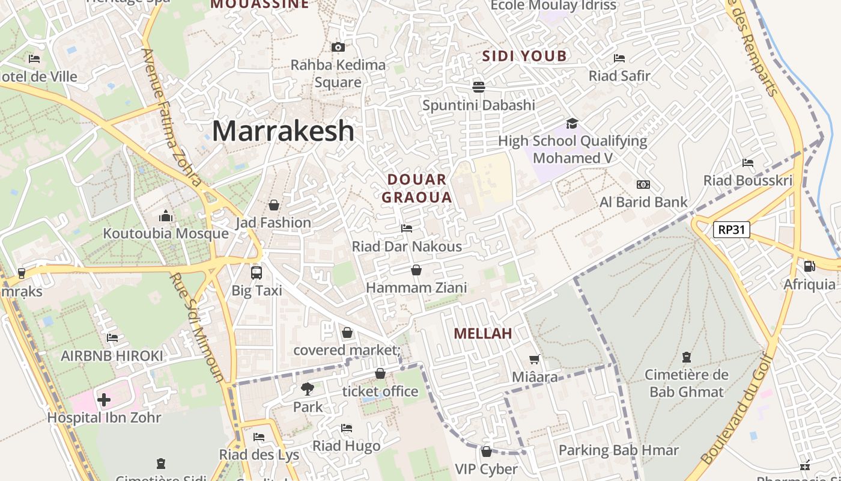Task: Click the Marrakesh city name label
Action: click(x=283, y=131)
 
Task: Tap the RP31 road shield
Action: click(x=732, y=229)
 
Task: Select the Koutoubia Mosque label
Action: click(x=166, y=233)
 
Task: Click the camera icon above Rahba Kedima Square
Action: click(x=338, y=47)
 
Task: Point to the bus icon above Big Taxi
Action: click(x=257, y=272)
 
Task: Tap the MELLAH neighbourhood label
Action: click(x=482, y=334)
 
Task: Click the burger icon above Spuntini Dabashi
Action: click(x=479, y=87)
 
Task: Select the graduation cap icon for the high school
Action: click(x=572, y=123)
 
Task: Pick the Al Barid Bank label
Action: click(x=643, y=202)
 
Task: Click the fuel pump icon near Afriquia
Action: click(x=809, y=266)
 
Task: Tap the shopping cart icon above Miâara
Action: click(x=535, y=360)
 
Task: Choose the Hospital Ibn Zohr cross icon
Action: click(x=104, y=399)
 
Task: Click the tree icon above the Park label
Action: click(x=308, y=389)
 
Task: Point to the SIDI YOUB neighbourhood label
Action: click(x=524, y=56)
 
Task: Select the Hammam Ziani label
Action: click(x=416, y=288)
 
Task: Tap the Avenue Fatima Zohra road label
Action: click(x=171, y=117)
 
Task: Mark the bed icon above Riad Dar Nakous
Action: click(x=407, y=228)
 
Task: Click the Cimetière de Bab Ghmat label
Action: click(x=687, y=384)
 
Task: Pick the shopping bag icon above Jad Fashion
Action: click(x=274, y=205)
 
